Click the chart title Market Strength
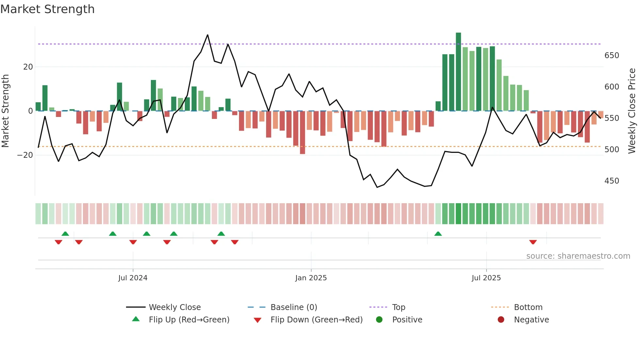pos(47,9)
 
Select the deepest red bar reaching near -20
pos(302,132)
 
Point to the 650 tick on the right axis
pos(612,56)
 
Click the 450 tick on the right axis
pos(612,181)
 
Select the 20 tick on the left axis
pos(28,67)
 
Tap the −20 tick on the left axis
pos(25,155)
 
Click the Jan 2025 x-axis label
pos(311,278)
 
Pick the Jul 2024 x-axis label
pos(133,278)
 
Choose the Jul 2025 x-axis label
pos(486,278)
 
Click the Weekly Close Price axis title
pos(632,111)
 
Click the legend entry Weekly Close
pos(174,307)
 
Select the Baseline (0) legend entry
pos(294,307)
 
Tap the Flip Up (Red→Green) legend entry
pos(189,320)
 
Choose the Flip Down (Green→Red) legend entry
pos(316,320)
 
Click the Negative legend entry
pos(531,320)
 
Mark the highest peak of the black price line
pos(208,35)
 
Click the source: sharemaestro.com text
pos(578,256)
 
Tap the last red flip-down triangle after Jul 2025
pos(533,242)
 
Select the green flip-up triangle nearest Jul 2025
pos(438,234)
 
